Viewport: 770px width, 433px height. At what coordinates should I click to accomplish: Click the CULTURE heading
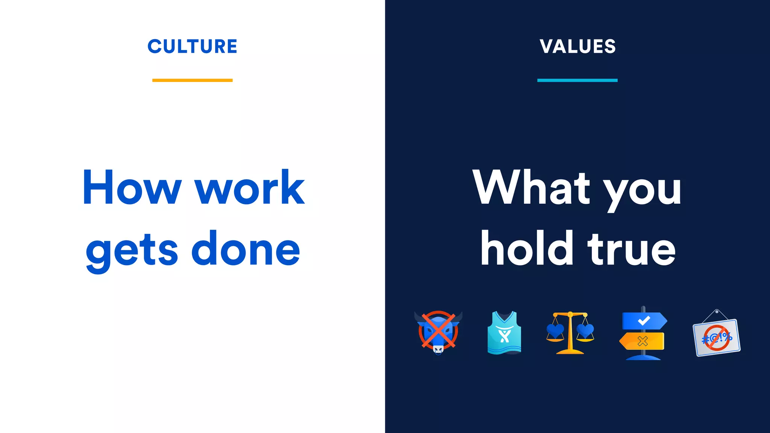point(192,47)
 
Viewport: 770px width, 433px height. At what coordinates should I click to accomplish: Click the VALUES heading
point(577,47)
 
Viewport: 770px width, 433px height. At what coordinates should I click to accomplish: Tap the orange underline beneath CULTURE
point(192,80)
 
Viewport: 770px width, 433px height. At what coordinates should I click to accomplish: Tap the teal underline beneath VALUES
point(577,80)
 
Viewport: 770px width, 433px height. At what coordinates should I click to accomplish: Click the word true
point(632,249)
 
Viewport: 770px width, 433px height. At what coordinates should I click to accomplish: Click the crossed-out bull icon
point(438,332)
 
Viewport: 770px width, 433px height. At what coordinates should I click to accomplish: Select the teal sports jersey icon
point(504,333)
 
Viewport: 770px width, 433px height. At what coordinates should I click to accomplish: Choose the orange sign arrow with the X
point(642,341)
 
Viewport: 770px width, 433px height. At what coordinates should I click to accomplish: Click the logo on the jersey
point(504,334)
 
